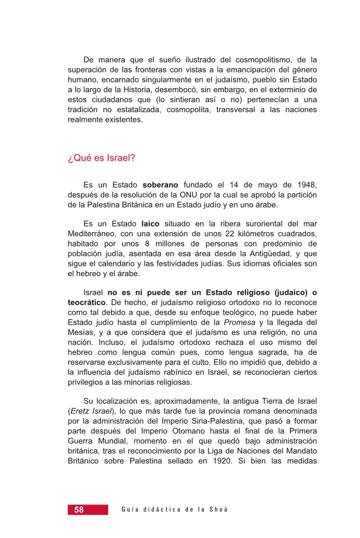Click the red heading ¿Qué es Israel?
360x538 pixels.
(x=101, y=158)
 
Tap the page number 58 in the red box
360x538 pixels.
(x=79, y=510)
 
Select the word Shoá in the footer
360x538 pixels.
(x=218, y=510)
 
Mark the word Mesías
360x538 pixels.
(x=81, y=333)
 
